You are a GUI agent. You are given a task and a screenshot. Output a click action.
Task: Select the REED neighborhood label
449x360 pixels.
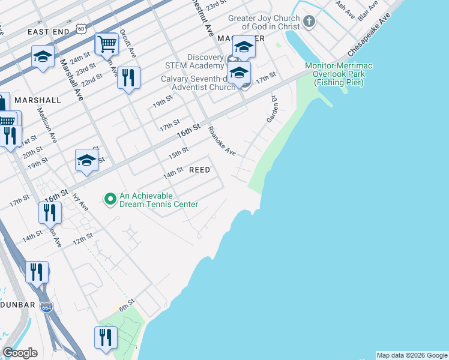click(x=200, y=170)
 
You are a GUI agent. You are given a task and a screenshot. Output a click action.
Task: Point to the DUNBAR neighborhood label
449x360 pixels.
click(x=13, y=304)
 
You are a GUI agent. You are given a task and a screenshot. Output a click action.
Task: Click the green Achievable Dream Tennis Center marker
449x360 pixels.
click(x=110, y=198)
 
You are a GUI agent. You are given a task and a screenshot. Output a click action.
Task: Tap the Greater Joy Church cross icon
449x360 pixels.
click(x=309, y=23)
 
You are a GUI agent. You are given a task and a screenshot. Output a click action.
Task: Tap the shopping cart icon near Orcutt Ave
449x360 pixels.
click(x=106, y=43)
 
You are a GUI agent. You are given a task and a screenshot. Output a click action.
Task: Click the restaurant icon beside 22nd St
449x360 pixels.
click(x=128, y=78)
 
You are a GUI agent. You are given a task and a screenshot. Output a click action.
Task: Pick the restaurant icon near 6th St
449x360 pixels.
click(x=106, y=337)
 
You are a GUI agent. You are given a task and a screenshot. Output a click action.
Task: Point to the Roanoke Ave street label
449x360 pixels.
click(x=222, y=141)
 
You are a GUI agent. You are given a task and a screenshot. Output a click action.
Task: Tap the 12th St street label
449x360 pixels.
click(x=83, y=238)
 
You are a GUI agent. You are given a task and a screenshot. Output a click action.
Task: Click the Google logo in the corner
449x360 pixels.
click(x=20, y=353)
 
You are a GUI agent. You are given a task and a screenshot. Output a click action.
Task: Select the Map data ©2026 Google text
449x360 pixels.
click(x=412, y=355)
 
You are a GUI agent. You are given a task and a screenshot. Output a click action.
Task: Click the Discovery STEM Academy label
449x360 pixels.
click(x=197, y=61)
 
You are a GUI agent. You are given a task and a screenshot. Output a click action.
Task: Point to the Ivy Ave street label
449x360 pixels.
click(x=79, y=201)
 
